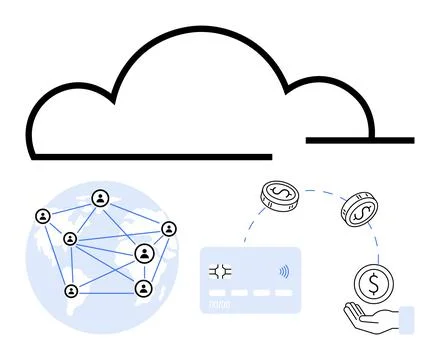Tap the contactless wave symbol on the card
[284, 270]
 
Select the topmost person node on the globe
[100, 198]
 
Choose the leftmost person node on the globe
[42, 215]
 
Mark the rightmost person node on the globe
[169, 229]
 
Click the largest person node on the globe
[145, 254]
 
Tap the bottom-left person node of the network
[71, 291]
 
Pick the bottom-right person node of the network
[143, 290]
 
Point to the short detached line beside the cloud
[359, 140]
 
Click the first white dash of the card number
[217, 293]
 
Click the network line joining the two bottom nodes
[107, 291]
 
